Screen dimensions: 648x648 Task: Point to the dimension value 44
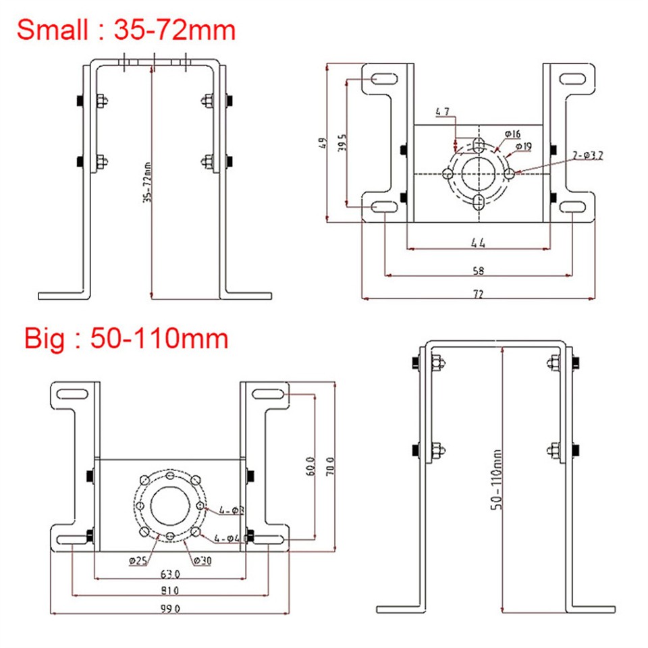[479, 242]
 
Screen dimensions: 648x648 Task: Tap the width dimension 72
[479, 294]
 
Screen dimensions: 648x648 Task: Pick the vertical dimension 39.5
[342, 142]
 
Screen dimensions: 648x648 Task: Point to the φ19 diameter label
[523, 145]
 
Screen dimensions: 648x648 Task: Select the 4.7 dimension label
[443, 111]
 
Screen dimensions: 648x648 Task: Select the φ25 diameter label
[138, 560]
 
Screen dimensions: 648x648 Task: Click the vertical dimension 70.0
[330, 466]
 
